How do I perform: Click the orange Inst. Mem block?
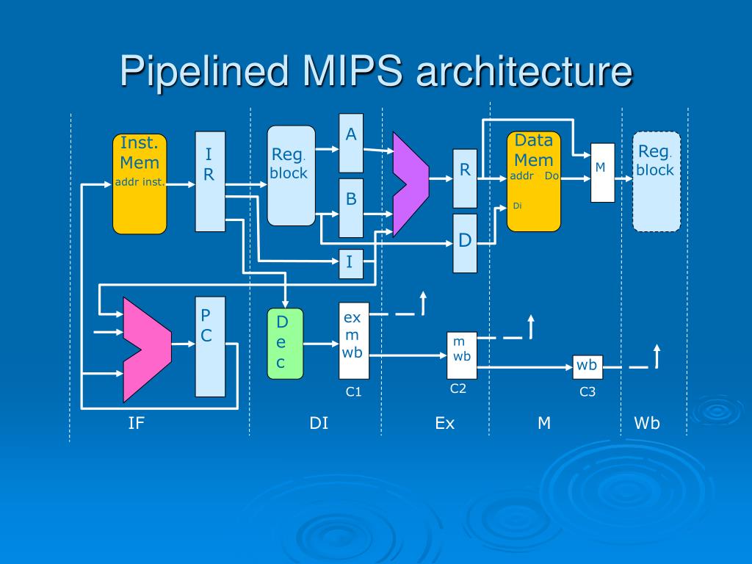pyautogui.click(x=140, y=184)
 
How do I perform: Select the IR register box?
pyautogui.click(x=210, y=181)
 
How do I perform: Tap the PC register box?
pyautogui.click(x=210, y=347)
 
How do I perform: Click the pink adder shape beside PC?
pyautogui.click(x=147, y=350)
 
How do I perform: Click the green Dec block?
pyautogui.click(x=285, y=344)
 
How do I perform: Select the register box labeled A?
pyautogui.click(x=351, y=143)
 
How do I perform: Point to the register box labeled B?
pyautogui.click(x=351, y=208)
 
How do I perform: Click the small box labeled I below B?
pyautogui.click(x=351, y=264)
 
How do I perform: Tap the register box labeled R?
pyautogui.click(x=465, y=178)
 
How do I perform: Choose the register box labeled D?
pyautogui.click(x=465, y=243)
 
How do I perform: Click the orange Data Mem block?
pyautogui.click(x=534, y=181)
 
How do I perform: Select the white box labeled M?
pyautogui.click(x=602, y=173)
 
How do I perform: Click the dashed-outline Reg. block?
pyautogui.click(x=657, y=181)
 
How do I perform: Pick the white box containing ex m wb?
pyautogui.click(x=354, y=341)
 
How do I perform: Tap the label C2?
pyautogui.click(x=458, y=388)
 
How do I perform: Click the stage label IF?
pyautogui.click(x=136, y=423)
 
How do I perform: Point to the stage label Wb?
pyautogui.click(x=647, y=423)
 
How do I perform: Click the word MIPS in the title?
pyautogui.click(x=352, y=71)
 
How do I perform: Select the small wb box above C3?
pyautogui.click(x=587, y=367)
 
